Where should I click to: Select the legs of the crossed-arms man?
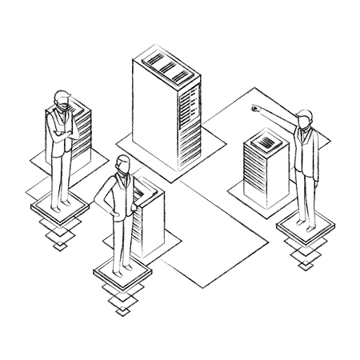click(x=59, y=176)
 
